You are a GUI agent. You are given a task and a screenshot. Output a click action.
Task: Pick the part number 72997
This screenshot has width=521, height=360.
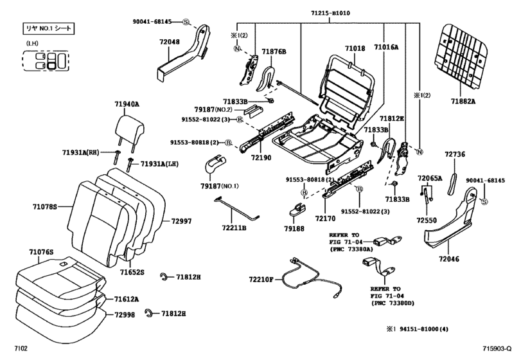pyautogui.click(x=181, y=221)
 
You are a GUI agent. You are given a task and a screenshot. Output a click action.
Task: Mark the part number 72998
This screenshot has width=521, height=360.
pyautogui.click(x=126, y=315)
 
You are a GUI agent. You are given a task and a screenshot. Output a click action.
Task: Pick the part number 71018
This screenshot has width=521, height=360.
pyautogui.click(x=355, y=48)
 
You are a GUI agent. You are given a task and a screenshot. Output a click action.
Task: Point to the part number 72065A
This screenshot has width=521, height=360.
pyautogui.click(x=430, y=177)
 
